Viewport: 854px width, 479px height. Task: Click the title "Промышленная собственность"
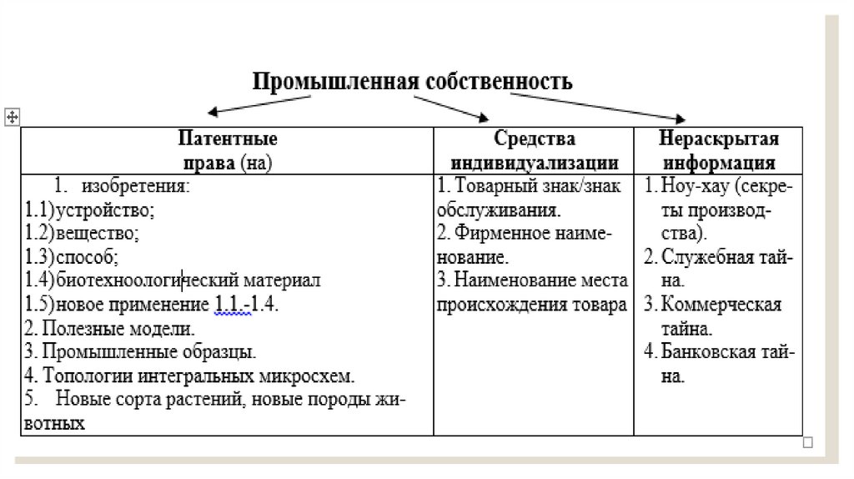[413, 82]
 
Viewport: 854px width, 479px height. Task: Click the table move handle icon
[12, 118]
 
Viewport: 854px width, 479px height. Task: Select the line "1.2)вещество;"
[83, 233]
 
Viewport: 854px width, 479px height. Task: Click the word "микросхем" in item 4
[318, 376]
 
